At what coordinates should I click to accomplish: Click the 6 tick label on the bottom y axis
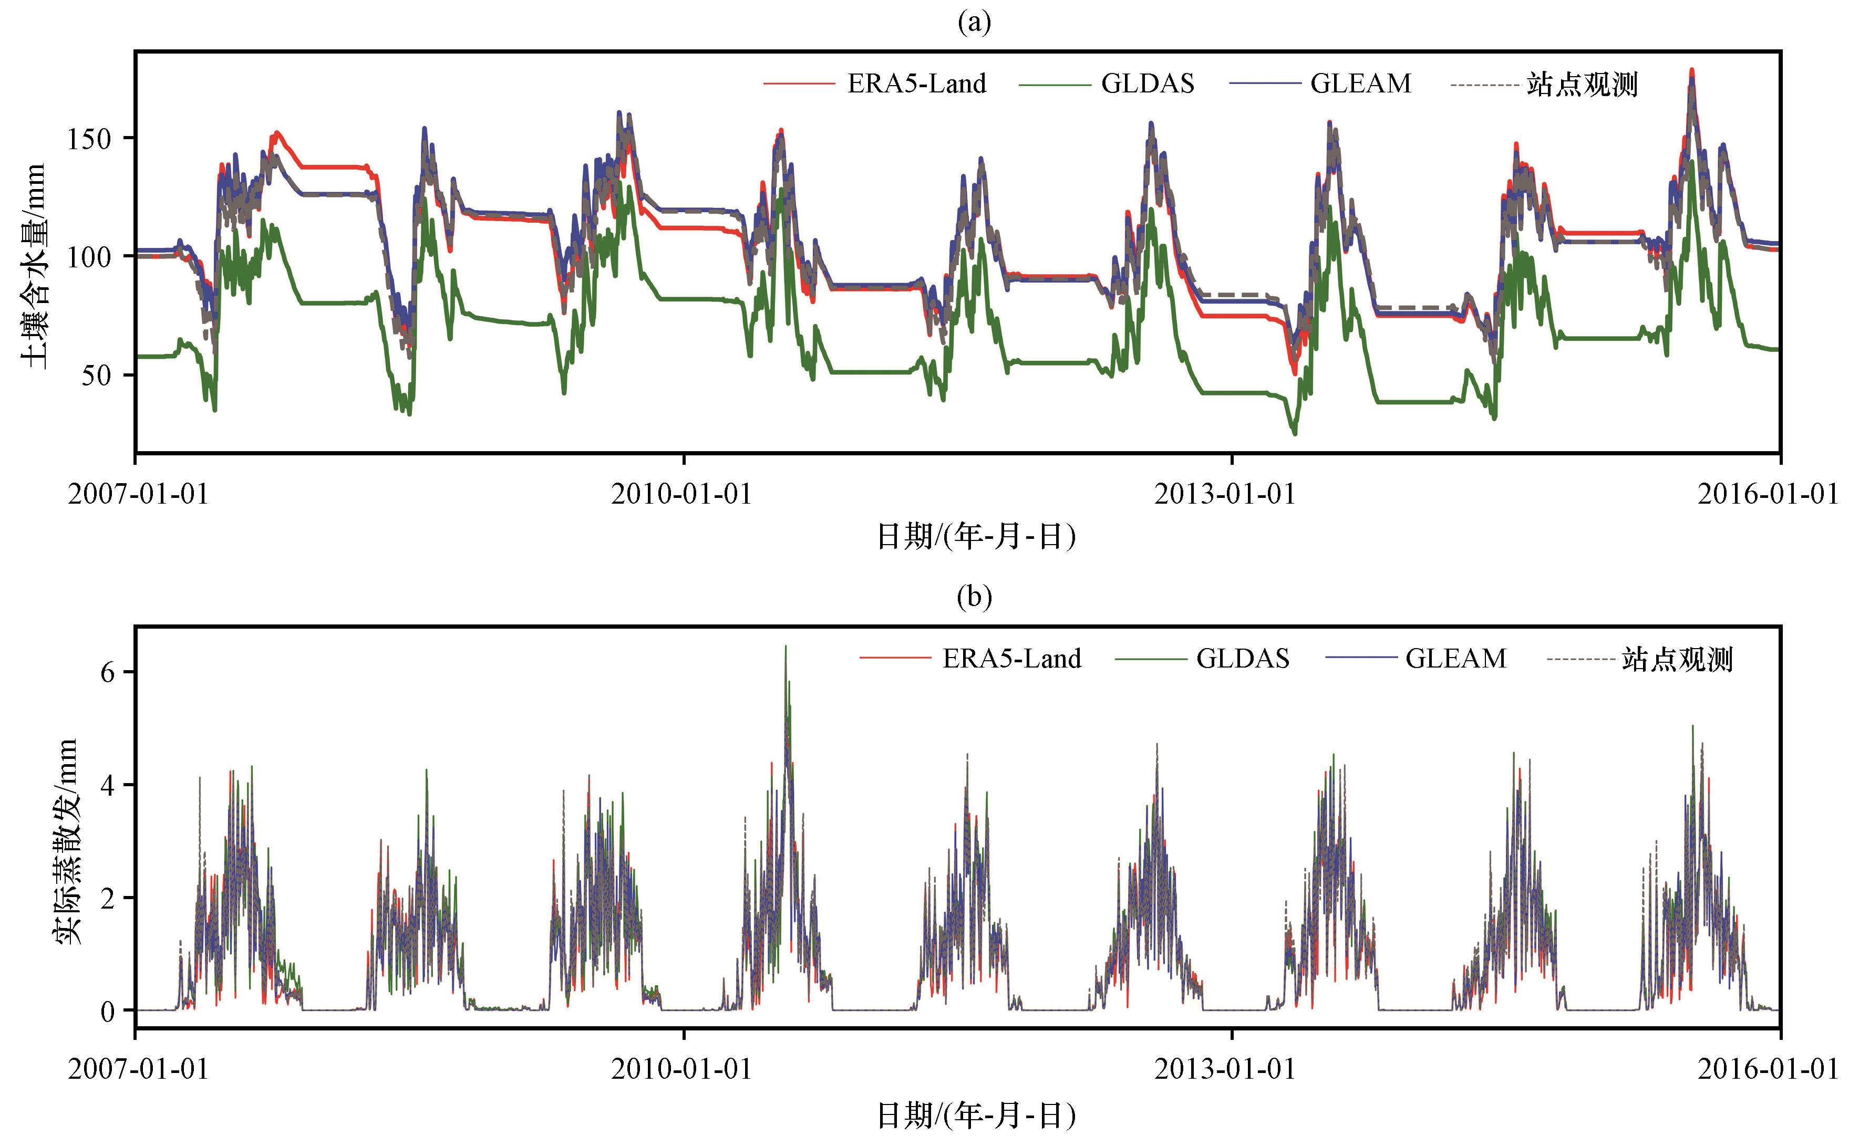coord(108,672)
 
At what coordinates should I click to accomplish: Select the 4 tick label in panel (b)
coord(108,785)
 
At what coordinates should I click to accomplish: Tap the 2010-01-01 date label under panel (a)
coord(681,494)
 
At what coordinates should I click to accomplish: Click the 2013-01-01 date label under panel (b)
coord(1225,1068)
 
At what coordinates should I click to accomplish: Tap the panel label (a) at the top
coord(974,23)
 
